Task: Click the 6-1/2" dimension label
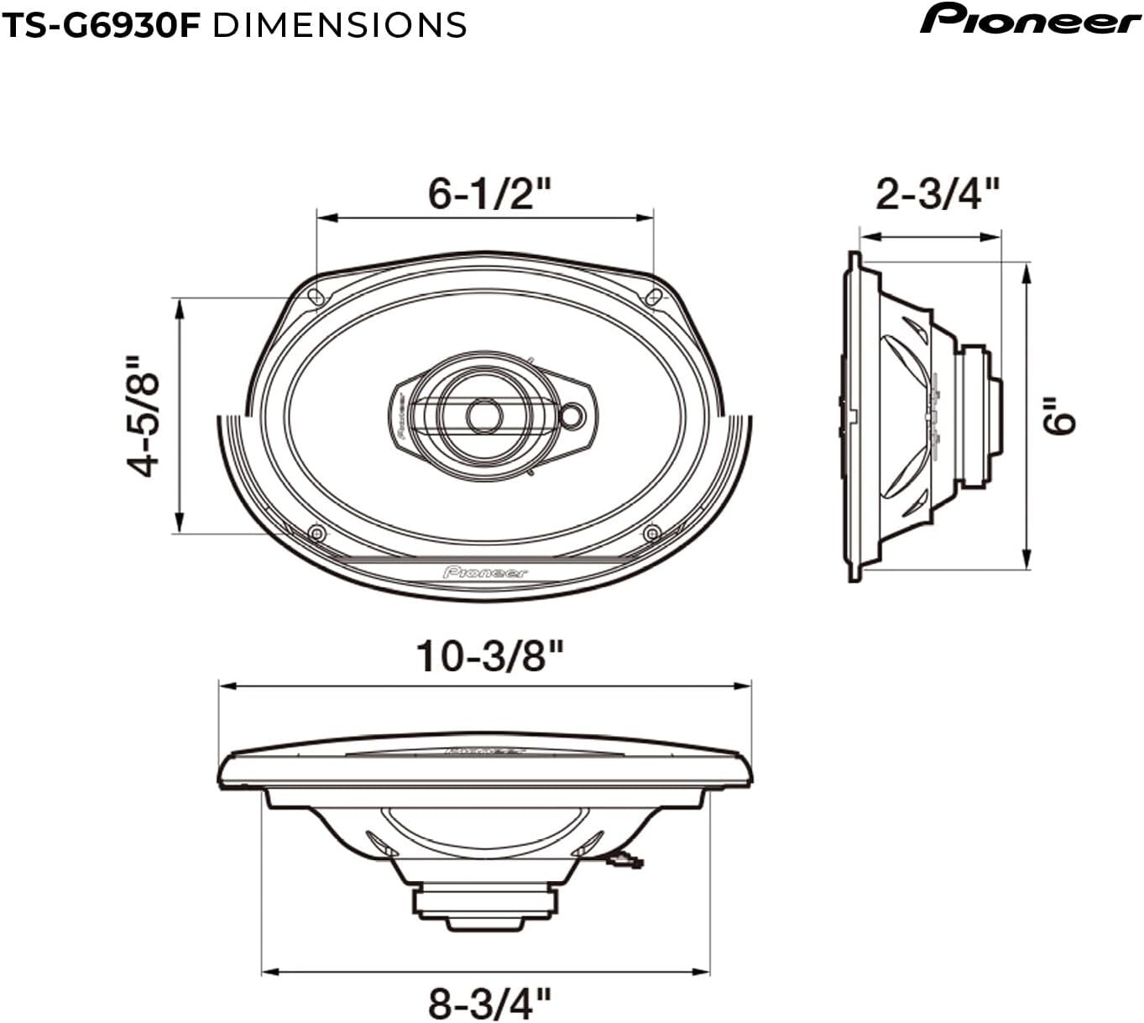pos(489,194)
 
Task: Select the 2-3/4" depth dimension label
pos(938,194)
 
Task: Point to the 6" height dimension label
pos(1060,415)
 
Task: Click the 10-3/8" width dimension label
pos(489,655)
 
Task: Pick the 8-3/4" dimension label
pos(489,1002)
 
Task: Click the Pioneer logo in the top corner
pos(1030,19)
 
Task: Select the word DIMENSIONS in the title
pos(339,25)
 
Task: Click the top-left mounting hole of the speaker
pos(316,296)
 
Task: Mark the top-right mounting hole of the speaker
pos(654,296)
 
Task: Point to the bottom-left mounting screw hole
pos(316,533)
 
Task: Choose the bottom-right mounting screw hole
pos(651,533)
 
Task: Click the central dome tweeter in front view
pos(483,415)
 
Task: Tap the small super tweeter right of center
pos(573,415)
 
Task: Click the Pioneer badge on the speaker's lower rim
pos(485,572)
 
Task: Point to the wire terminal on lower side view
pos(625,860)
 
